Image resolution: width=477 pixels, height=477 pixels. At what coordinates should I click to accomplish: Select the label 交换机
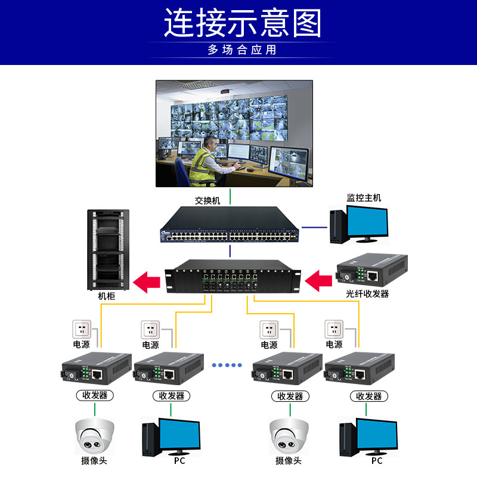click(x=207, y=201)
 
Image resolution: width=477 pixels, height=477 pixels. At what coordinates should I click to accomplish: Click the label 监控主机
click(x=364, y=197)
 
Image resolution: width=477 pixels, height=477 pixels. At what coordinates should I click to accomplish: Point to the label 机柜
click(x=107, y=296)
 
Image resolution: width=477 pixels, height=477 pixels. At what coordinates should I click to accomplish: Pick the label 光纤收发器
click(x=367, y=294)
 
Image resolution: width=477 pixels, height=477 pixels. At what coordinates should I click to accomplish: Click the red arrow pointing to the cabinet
click(x=147, y=281)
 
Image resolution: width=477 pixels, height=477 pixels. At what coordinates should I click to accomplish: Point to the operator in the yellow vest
click(x=206, y=160)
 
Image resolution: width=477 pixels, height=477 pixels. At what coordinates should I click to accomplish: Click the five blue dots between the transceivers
click(x=227, y=364)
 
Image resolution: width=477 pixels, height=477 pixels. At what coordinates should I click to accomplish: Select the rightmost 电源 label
click(x=334, y=345)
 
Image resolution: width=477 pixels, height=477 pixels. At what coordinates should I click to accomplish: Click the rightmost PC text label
click(x=376, y=461)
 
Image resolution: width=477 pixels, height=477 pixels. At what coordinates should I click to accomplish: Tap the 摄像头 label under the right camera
click(x=289, y=461)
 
